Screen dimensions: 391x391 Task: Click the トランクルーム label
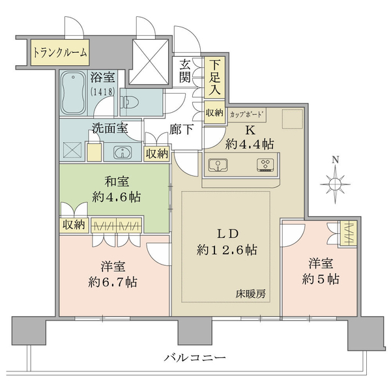pyautogui.click(x=60, y=53)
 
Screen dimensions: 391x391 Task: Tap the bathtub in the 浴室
pyautogui.click(x=74, y=93)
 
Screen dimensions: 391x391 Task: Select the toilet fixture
pyautogui.click(x=130, y=102)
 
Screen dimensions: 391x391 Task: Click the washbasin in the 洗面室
pyautogui.click(x=123, y=152)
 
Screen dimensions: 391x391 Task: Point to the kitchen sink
pyautogui.click(x=218, y=165)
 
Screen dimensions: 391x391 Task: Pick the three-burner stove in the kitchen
pyautogui.click(x=266, y=165)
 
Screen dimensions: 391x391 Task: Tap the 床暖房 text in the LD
pyautogui.click(x=251, y=295)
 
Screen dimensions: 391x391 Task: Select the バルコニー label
pyautogui.click(x=195, y=358)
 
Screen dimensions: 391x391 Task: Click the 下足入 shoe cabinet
pyautogui.click(x=214, y=78)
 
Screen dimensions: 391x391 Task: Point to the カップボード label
pyautogui.click(x=246, y=115)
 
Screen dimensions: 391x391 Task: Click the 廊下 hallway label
pyautogui.click(x=181, y=130)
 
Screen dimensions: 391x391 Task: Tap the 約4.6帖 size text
pyautogui.click(x=117, y=197)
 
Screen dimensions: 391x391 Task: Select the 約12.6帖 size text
pyautogui.click(x=227, y=250)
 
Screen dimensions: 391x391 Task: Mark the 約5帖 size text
pyautogui.click(x=321, y=279)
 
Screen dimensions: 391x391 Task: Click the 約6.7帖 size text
pyautogui.click(x=113, y=282)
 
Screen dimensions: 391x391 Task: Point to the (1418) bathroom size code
pyautogui.click(x=103, y=92)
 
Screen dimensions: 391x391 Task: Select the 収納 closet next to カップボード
pyautogui.click(x=214, y=113)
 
